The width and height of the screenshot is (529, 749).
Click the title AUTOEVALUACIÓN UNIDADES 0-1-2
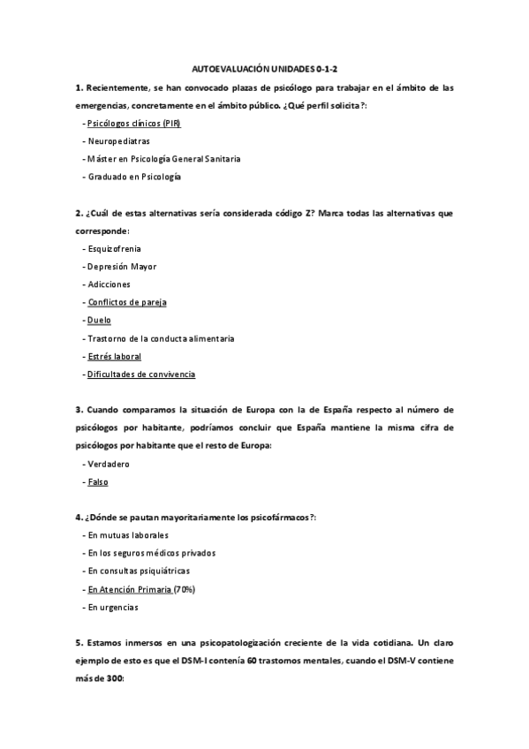[x=263, y=68]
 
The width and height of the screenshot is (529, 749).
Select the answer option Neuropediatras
[x=118, y=141]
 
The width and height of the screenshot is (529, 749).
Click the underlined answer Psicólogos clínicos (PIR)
[x=133, y=124]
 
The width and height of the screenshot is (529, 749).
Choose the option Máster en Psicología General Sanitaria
[x=163, y=159]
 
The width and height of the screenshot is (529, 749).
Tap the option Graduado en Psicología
[x=133, y=177]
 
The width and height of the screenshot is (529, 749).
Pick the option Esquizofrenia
[x=114, y=249]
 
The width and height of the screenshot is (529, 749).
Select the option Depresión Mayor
[x=122, y=267]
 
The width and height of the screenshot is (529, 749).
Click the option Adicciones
[x=109, y=284]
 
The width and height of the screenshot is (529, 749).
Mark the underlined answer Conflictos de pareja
[x=127, y=302]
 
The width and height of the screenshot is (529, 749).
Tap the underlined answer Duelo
[x=99, y=320]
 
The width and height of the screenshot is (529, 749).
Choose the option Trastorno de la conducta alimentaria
[x=159, y=338]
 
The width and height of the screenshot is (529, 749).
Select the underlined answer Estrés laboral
[x=114, y=356]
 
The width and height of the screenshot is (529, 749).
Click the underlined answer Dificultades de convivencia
[x=141, y=374]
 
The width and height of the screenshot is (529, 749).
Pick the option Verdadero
[x=109, y=464]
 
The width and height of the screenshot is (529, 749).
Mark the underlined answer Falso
[x=97, y=482]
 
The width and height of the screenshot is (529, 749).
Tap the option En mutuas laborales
[x=128, y=535]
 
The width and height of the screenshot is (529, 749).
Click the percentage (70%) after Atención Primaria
[x=185, y=589]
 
